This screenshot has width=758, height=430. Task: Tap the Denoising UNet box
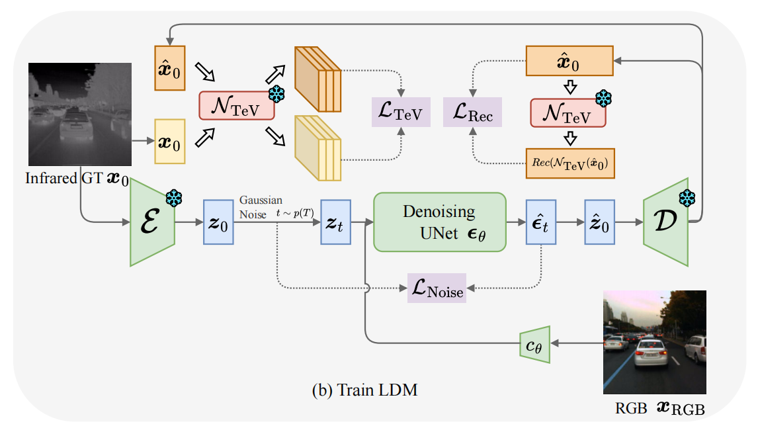pos(439,222)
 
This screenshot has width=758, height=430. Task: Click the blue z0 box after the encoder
pos(218,222)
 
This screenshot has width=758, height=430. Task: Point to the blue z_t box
pos(335,222)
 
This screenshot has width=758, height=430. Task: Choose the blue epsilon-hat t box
pos(541,222)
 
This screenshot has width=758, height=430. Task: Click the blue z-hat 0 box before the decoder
pos(600,222)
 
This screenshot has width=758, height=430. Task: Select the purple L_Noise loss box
pos(437,288)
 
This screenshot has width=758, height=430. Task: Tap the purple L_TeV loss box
pos(401,111)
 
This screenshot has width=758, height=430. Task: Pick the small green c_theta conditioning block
pos(534,344)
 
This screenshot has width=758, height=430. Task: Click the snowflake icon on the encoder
pos(174,197)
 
